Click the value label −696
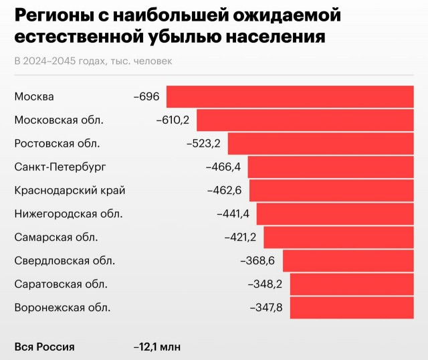pyautogui.click(x=146, y=96)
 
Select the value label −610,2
pyautogui.click(x=173, y=120)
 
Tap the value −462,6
pyautogui.click(x=225, y=190)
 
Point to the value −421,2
pyautogui.click(x=241, y=237)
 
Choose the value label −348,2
pyautogui.click(x=266, y=284)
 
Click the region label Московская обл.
pyautogui.click(x=59, y=120)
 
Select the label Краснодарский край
pyautogui.click(x=70, y=190)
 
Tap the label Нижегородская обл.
pyautogui.click(x=68, y=213)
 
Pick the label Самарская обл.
pyautogui.click(x=56, y=237)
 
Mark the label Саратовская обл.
pyautogui.click(x=61, y=284)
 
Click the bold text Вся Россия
pyautogui.click(x=45, y=347)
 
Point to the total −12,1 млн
pyautogui.click(x=157, y=347)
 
